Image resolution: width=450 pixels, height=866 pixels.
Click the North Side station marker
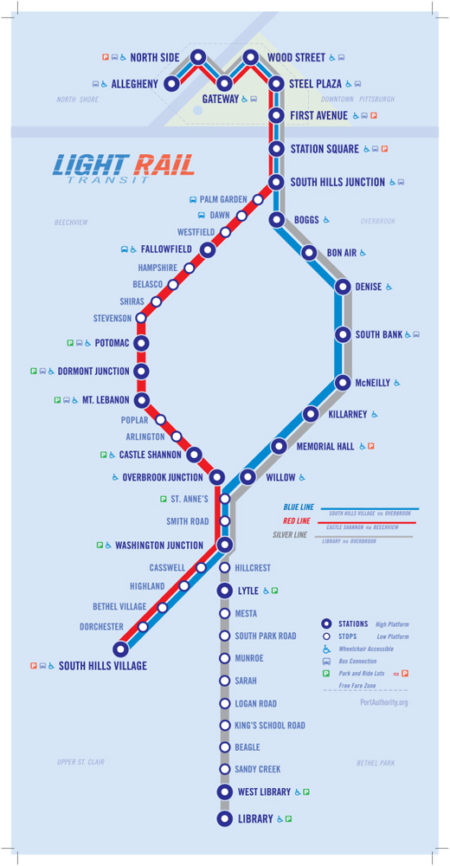198,57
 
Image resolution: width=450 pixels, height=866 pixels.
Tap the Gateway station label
220,100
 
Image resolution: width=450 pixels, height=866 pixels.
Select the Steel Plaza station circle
276,84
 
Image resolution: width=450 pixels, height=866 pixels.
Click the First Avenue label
318,115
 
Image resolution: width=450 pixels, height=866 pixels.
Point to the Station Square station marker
276,149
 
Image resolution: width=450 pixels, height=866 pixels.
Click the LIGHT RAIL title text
123,163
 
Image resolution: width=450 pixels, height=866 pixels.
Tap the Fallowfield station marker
208,249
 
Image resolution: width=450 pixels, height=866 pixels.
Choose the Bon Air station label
342,253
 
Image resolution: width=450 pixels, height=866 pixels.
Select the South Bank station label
378,334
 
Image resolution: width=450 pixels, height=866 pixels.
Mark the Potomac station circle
141,343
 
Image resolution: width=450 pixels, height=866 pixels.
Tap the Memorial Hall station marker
279,446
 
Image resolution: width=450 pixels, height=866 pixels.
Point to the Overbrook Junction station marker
216,477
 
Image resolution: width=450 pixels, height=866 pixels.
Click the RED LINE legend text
296,521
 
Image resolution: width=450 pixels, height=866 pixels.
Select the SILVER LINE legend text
290,535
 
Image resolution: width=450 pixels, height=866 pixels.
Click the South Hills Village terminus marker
121,649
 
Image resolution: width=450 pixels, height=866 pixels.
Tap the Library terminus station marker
224,818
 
